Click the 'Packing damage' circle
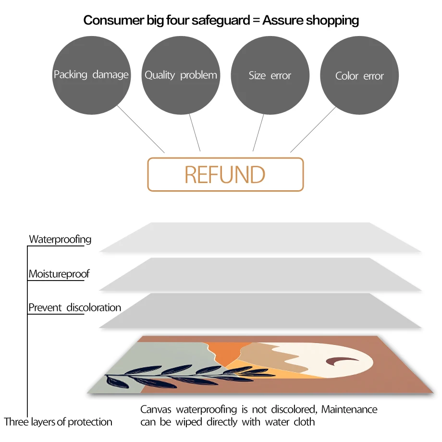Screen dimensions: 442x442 click(91, 75)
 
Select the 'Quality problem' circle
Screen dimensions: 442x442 click(181, 75)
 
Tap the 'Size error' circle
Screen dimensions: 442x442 click(270, 75)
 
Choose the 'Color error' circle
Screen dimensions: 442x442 click(359, 76)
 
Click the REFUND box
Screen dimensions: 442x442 click(225, 174)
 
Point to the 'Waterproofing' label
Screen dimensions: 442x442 click(60, 239)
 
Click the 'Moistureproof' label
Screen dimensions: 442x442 click(59, 274)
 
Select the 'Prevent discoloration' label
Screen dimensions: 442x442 click(75, 307)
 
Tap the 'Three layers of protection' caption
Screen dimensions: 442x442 click(58, 422)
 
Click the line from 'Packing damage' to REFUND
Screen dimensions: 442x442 click(141, 129)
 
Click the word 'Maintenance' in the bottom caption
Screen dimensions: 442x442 click(349, 410)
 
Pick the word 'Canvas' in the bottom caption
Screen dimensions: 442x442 click(157, 410)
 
